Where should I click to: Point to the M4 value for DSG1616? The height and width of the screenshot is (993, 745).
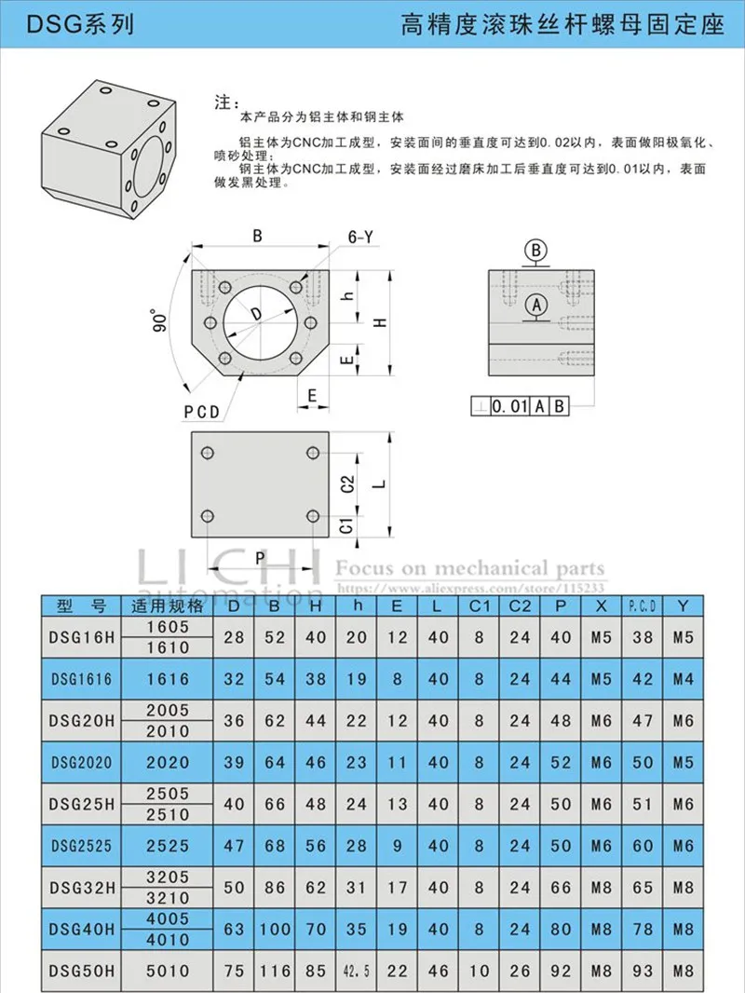click(x=684, y=679)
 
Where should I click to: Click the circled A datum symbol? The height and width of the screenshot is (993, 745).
click(x=535, y=304)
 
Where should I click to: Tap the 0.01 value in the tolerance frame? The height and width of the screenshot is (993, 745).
click(x=510, y=405)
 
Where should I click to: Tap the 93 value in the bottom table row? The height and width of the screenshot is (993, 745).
click(x=643, y=970)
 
